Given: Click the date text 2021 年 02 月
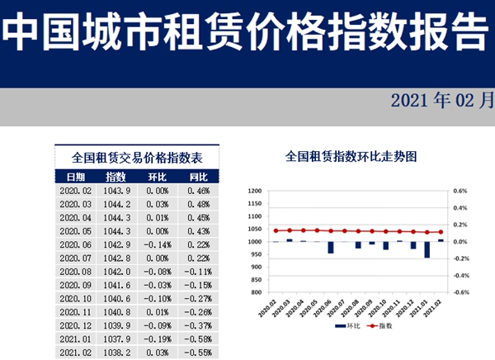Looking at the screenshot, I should click(x=437, y=102).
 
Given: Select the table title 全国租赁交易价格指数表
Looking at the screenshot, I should click(x=138, y=157).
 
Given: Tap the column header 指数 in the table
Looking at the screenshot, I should click(x=116, y=177).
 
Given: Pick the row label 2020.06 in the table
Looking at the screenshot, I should click(x=75, y=244).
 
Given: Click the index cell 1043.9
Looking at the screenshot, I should click(x=116, y=190).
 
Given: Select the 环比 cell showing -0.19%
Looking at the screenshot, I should click(x=157, y=339).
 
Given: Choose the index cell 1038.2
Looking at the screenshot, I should click(x=116, y=352).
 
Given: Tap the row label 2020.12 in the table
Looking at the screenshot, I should click(x=75, y=325).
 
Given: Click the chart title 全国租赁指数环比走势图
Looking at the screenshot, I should click(x=350, y=155).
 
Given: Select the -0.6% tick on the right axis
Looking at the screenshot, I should click(x=460, y=291).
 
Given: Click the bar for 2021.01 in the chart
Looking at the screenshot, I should click(x=427, y=249).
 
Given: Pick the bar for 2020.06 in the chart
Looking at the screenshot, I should click(x=330, y=247).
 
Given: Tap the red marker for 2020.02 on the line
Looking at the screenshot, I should click(x=276, y=230).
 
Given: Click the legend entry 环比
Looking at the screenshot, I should click(x=346, y=327).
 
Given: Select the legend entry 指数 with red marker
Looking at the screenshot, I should click(x=380, y=327).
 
